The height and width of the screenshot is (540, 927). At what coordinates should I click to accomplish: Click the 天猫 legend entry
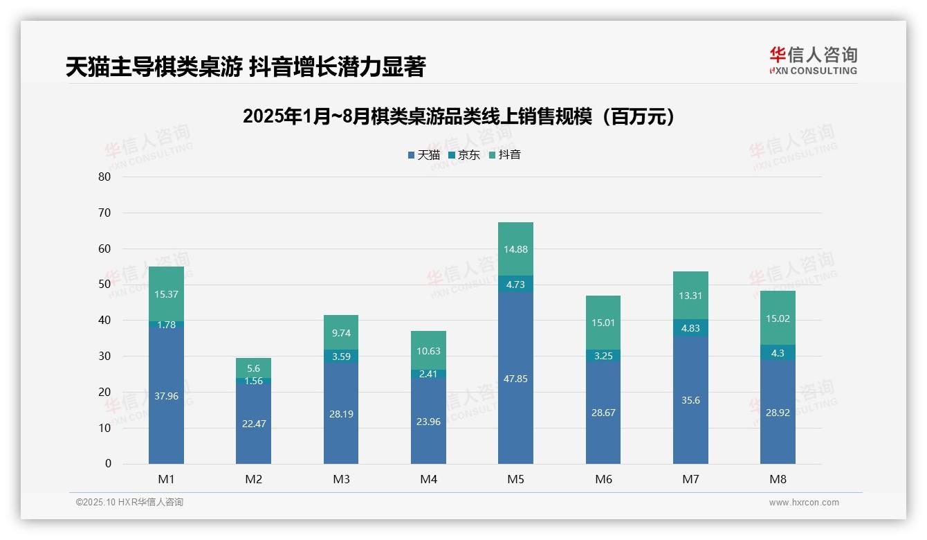tap(423, 155)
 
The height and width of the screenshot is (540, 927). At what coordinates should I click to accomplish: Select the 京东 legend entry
tap(464, 155)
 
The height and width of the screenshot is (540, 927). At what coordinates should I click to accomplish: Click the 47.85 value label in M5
tap(515, 379)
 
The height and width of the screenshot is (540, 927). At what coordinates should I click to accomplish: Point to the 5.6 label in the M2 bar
tap(253, 368)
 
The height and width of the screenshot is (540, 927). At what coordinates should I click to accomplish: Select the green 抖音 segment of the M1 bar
tap(166, 294)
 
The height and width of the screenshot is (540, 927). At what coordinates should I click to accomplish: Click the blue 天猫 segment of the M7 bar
tap(690, 399)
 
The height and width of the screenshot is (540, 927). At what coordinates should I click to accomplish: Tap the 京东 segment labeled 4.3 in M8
tap(778, 352)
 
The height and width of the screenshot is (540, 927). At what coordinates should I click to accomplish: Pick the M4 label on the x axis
tap(428, 479)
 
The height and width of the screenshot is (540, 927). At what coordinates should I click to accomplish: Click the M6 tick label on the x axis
tap(603, 479)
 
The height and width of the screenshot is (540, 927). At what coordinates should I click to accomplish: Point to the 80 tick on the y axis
tap(104, 177)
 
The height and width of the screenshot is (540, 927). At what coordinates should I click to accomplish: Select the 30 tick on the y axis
tap(104, 356)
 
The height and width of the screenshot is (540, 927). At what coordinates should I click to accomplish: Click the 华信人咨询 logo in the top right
tap(813, 60)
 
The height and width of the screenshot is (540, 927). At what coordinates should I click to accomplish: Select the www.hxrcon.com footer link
tap(804, 503)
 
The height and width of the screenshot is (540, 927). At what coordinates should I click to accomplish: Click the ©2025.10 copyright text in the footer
tap(129, 503)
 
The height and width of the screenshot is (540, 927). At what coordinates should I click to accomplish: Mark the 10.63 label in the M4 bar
tap(428, 351)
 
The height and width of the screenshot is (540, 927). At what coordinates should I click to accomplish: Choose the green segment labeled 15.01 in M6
tap(603, 323)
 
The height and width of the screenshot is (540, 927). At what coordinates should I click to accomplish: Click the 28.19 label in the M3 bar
tap(341, 414)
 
